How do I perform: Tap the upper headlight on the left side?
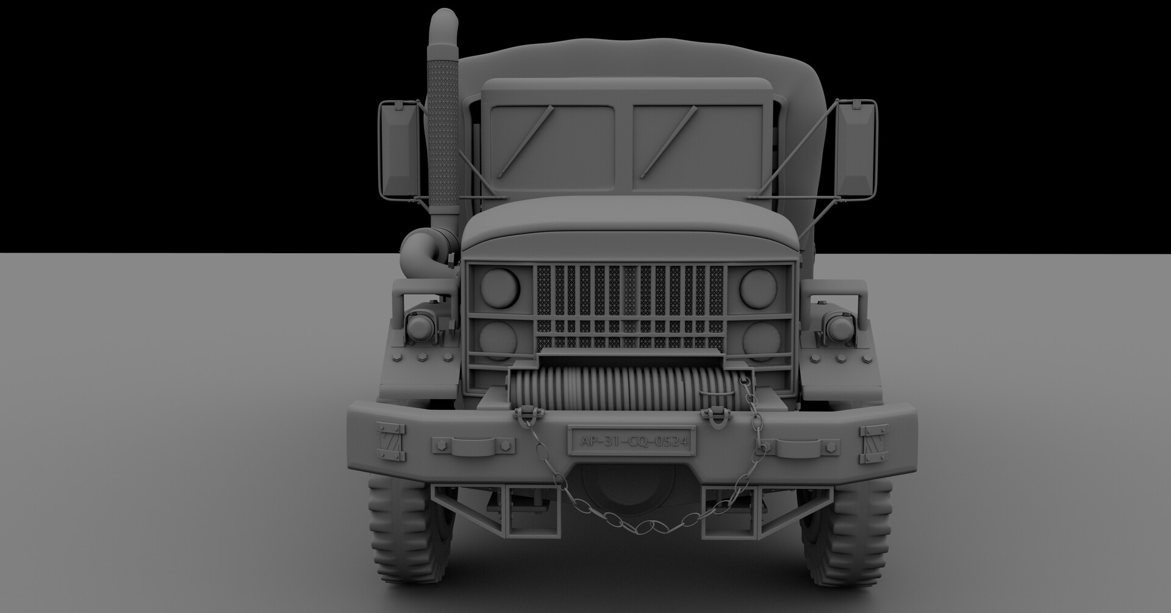click(500, 288)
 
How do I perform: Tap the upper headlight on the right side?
click(759, 287)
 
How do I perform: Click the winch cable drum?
click(622, 390)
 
